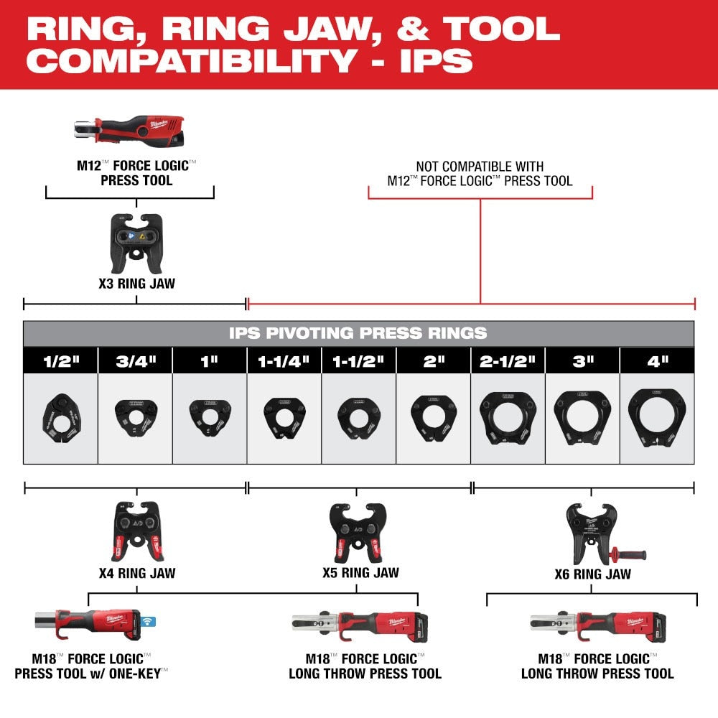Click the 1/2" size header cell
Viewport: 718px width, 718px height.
click(60, 361)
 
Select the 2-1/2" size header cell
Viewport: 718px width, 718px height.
click(508, 361)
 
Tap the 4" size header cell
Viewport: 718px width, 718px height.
click(657, 361)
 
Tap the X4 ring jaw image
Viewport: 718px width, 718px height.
click(136, 531)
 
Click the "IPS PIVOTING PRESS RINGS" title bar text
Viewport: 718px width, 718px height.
click(358, 333)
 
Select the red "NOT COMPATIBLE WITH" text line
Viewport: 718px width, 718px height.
click(480, 167)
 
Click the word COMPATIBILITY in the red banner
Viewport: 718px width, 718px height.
click(191, 60)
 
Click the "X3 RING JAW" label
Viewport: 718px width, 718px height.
click(136, 284)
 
